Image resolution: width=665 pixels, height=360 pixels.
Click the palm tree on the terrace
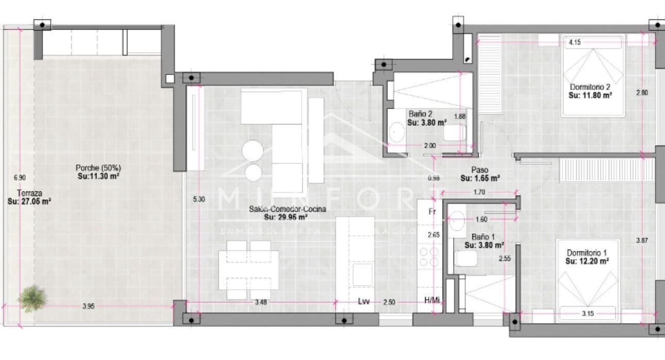(32, 298)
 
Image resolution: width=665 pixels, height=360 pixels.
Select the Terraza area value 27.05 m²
(29, 202)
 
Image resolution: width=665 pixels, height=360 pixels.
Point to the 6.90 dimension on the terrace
(20, 177)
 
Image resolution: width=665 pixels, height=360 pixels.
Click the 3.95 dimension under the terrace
(89, 306)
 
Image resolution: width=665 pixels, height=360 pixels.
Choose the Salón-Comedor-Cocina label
(288, 210)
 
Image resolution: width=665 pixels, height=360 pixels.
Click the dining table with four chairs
(249, 269)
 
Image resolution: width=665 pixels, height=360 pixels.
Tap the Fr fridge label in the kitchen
(432, 211)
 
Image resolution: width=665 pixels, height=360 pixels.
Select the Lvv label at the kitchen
(364, 301)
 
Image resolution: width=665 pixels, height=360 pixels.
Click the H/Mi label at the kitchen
(431, 301)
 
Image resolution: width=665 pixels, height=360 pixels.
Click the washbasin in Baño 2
(397, 133)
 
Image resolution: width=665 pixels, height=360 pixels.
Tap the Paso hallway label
(479, 170)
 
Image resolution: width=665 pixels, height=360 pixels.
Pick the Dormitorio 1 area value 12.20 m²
(587, 261)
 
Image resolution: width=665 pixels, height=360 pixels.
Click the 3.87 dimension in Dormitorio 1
(641, 240)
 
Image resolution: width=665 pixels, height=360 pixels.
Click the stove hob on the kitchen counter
(428, 256)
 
